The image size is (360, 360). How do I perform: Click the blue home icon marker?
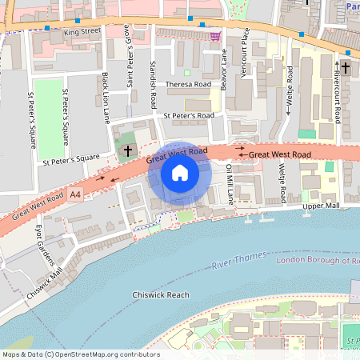(x=180, y=173)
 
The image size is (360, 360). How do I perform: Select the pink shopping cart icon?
(x=214, y=36)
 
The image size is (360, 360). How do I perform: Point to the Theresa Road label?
(x=189, y=83)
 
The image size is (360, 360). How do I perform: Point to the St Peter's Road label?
(x=189, y=116)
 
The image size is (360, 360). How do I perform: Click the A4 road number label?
(x=75, y=194)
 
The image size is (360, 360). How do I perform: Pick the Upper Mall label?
(x=322, y=206)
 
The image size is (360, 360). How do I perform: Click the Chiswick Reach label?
(x=161, y=294)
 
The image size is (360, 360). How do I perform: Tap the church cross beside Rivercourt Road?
(x=346, y=67)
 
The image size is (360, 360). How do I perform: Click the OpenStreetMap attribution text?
(x=80, y=354)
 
